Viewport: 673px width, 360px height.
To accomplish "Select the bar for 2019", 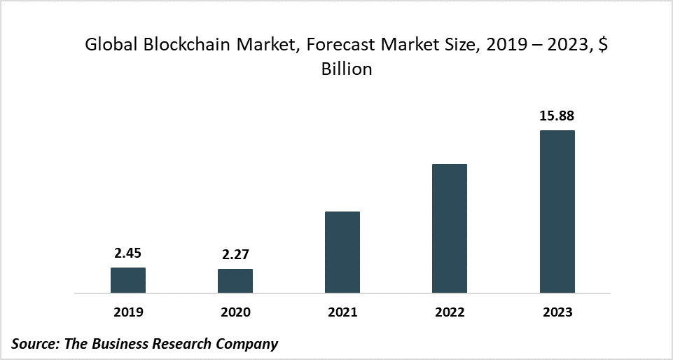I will point(128,280).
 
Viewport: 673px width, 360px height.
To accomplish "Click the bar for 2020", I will point(235,281).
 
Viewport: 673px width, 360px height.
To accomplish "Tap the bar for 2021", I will point(342,252).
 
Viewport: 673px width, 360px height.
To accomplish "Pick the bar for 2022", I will point(450,228).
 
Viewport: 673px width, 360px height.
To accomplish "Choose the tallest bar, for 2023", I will point(557,212).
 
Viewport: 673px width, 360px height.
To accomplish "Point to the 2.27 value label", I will point(235,254).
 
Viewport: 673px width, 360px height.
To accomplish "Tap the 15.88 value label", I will point(557,116).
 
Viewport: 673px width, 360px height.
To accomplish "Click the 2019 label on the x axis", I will point(128,312).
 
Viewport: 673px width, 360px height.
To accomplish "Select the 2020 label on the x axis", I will point(235,312).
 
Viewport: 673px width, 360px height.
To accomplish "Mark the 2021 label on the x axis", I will point(342,312).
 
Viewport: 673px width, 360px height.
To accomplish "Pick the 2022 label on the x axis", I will point(450,312).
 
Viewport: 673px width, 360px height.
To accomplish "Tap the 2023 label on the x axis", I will point(557,312).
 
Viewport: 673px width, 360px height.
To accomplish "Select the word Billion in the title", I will point(346,70).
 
